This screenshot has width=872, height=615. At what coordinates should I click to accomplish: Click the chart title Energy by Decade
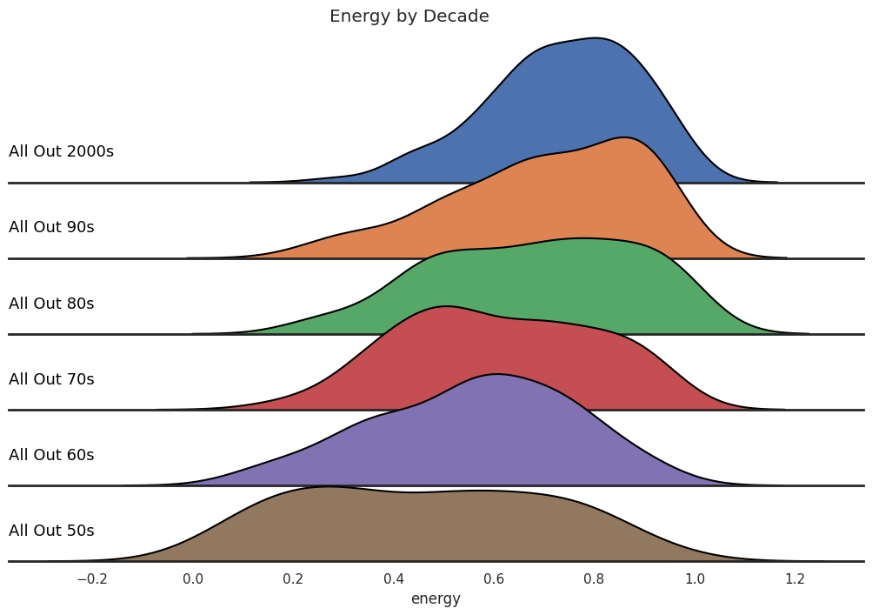pyautogui.click(x=409, y=17)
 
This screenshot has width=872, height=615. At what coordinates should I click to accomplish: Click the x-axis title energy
pyautogui.click(x=436, y=598)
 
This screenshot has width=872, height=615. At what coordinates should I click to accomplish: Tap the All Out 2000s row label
pyautogui.click(x=61, y=151)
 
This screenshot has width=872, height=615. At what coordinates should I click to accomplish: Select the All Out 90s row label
pyautogui.click(x=51, y=227)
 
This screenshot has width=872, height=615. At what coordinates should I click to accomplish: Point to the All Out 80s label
pyautogui.click(x=51, y=304)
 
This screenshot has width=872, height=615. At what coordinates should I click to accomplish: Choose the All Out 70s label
pyautogui.click(x=51, y=379)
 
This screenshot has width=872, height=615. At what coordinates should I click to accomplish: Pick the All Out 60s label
pyautogui.click(x=51, y=455)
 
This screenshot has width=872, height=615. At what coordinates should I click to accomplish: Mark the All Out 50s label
pyautogui.click(x=51, y=531)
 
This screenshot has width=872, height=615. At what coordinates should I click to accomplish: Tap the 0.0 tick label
pyautogui.click(x=192, y=578)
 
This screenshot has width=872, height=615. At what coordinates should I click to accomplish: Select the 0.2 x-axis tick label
pyautogui.click(x=293, y=578)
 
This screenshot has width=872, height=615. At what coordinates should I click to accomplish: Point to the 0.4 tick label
pyautogui.click(x=393, y=578)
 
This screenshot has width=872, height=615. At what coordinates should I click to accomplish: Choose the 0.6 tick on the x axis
pyautogui.click(x=494, y=578)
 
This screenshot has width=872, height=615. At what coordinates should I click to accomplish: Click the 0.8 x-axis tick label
pyautogui.click(x=594, y=578)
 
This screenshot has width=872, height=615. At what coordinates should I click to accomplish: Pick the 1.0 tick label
pyautogui.click(x=695, y=578)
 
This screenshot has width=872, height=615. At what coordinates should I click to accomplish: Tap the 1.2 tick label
pyautogui.click(x=795, y=578)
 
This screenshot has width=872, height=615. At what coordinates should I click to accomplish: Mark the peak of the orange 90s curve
pyautogui.click(x=622, y=137)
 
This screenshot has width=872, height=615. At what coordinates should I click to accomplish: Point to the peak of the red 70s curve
pyautogui.click(x=445, y=306)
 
